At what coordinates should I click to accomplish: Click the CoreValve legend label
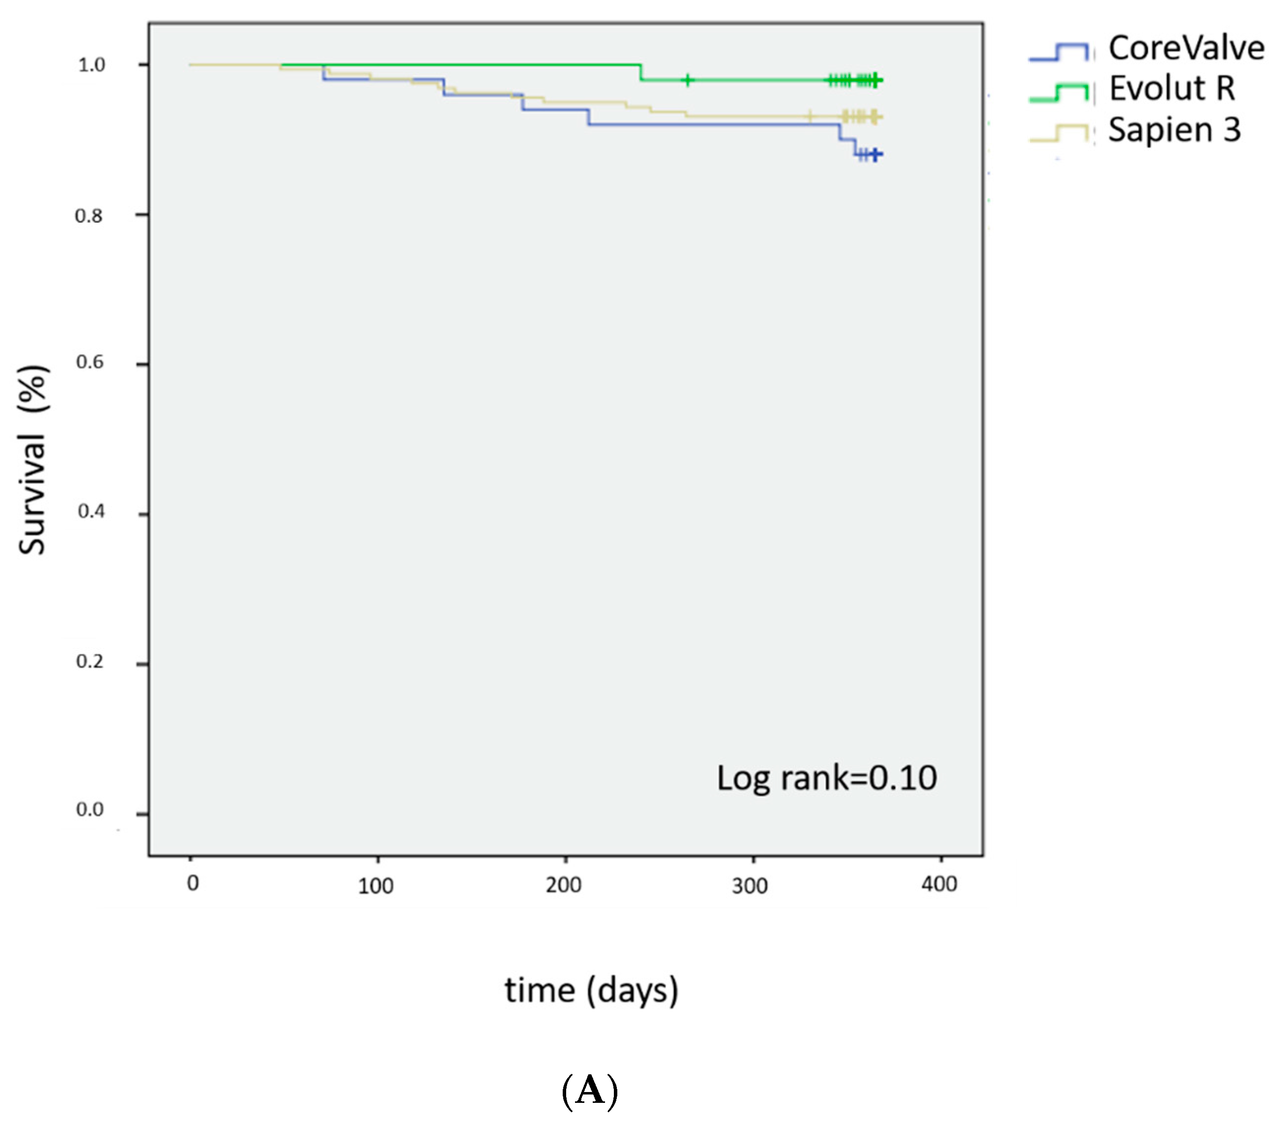click(1185, 49)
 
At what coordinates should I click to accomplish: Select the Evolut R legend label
click(1172, 89)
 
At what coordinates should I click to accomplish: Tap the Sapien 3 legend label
click(1174, 130)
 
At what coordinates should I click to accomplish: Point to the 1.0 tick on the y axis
click(91, 65)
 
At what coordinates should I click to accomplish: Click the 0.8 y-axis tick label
click(89, 216)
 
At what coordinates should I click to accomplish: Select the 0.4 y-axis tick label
click(91, 511)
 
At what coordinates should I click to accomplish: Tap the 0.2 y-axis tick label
click(90, 661)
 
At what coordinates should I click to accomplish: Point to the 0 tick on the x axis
click(193, 883)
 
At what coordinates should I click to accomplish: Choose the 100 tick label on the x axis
click(375, 886)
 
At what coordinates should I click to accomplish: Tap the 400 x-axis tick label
click(939, 884)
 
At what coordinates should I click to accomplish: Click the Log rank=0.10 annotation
click(826, 778)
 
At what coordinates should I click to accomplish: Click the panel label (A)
click(589, 1091)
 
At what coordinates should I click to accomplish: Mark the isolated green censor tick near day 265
click(687, 80)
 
